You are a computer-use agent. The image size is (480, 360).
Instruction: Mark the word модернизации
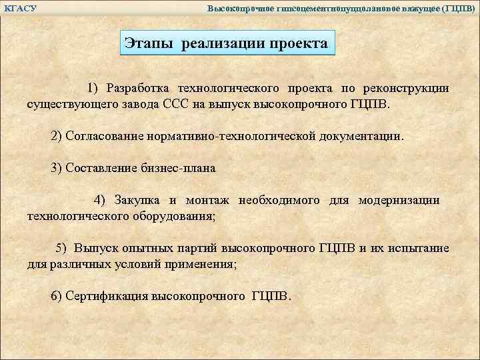(399, 200)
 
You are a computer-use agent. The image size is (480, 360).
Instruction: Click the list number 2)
(57, 136)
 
